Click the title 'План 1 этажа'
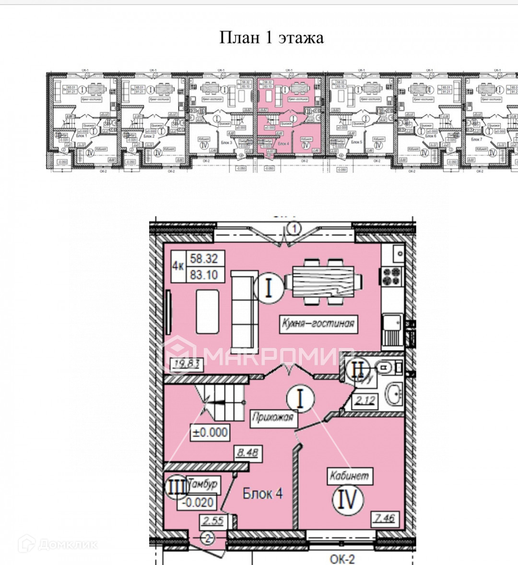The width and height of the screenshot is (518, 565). click(x=271, y=37)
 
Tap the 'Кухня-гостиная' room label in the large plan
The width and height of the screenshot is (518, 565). click(x=318, y=323)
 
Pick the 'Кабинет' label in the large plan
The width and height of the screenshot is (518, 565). click(x=349, y=476)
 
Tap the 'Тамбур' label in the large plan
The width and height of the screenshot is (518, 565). click(x=203, y=484)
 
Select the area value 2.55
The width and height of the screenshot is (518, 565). click(x=213, y=520)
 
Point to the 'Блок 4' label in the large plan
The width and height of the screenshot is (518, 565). click(x=262, y=493)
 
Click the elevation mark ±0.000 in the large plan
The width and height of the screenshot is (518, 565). click(x=210, y=432)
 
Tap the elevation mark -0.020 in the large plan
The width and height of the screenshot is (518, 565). click(x=197, y=502)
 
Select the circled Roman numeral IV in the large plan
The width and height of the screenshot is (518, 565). click(x=348, y=499)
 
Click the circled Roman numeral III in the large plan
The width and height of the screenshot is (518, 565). click(x=176, y=487)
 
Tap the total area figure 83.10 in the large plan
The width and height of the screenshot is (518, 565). click(x=204, y=275)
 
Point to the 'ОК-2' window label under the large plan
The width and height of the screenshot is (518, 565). click(x=342, y=559)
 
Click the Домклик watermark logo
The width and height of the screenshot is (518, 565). click(x=58, y=544)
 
